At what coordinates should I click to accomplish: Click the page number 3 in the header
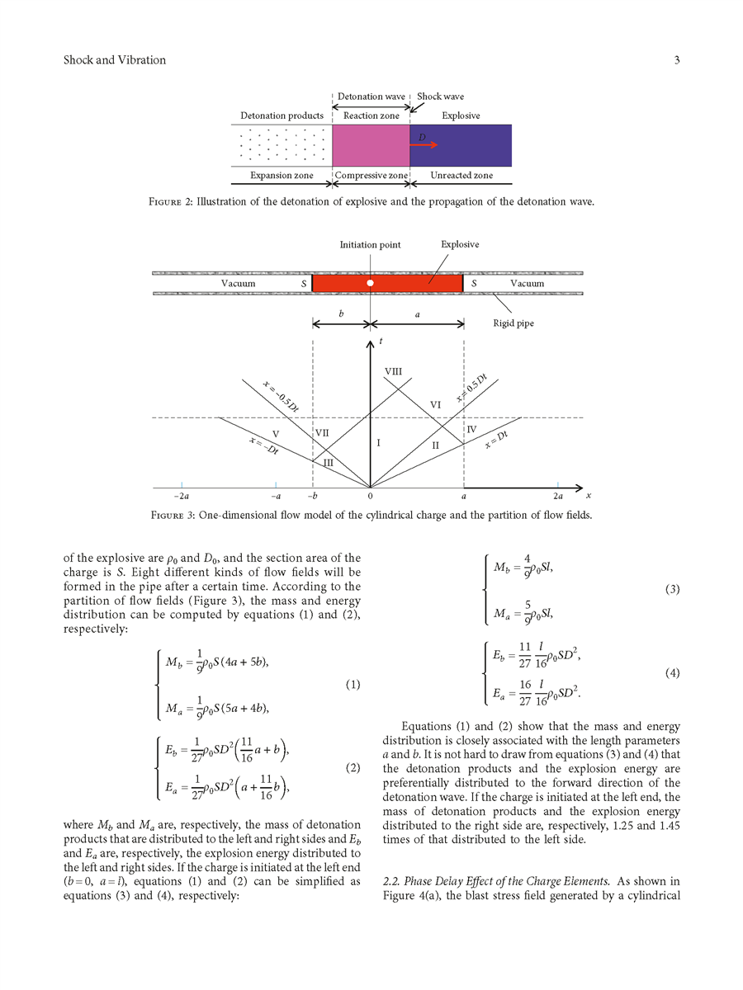676,60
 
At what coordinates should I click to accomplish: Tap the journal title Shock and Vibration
115,60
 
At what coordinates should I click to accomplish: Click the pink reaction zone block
371,145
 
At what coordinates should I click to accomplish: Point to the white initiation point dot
371,283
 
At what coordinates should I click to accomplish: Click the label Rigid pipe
513,323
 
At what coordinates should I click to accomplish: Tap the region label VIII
393,372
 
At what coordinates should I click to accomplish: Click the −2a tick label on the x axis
182,497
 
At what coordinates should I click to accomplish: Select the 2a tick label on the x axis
558,497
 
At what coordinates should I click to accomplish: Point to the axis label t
381,341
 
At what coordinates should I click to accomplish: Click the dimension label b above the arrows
341,314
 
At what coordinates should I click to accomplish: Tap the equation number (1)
353,686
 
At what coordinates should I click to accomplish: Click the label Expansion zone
282,176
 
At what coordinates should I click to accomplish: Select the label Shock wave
440,97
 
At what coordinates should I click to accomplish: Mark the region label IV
471,430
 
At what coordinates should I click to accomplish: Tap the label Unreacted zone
461,176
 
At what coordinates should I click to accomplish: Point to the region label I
378,444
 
